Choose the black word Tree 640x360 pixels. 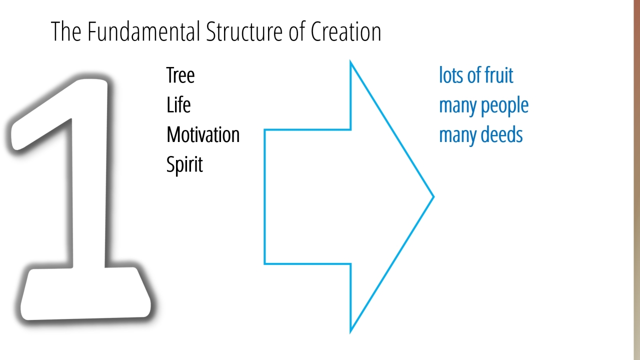180,75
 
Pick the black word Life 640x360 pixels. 178,105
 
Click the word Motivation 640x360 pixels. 203,134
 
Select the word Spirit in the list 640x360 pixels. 184,164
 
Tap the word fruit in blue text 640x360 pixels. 499,75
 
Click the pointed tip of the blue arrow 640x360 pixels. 433,196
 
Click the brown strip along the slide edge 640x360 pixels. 637,180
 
